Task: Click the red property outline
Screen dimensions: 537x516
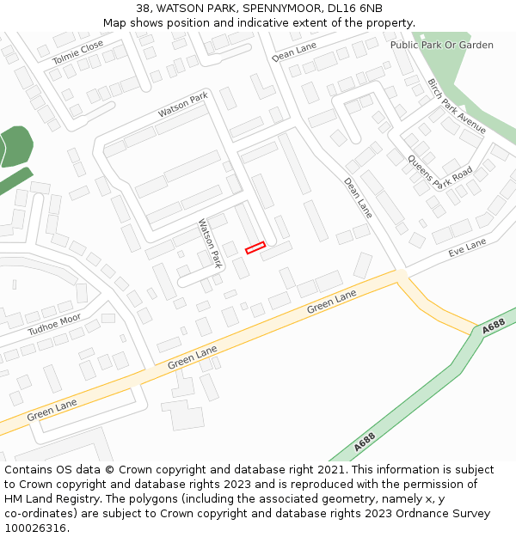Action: coord(255,248)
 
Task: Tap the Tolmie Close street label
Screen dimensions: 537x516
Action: coord(77,52)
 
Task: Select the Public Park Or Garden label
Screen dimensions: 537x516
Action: coord(441,45)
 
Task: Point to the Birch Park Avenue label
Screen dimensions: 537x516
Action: coord(456,107)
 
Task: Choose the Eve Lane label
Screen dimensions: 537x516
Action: coord(467,248)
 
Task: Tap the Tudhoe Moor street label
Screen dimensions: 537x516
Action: coord(54,324)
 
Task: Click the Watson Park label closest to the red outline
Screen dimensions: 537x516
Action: coord(211,243)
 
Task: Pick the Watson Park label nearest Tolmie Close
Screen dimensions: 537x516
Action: coord(183,107)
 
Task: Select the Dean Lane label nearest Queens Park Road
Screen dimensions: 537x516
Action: coord(358,198)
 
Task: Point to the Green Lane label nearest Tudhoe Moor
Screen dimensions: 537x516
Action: coord(52,409)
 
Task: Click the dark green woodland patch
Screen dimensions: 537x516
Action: coord(15,147)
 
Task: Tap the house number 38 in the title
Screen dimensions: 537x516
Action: coord(143,8)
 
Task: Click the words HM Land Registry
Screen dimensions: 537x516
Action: coord(41,499)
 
